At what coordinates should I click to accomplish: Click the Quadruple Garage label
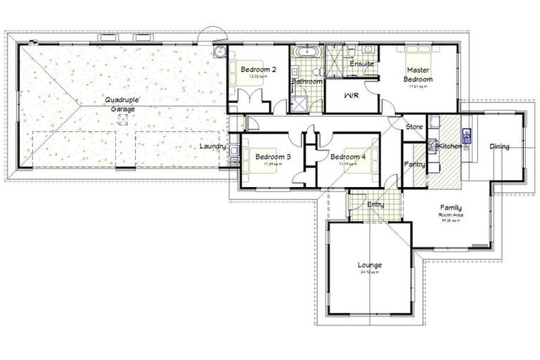[x=120, y=104]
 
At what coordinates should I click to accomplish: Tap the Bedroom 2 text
[x=258, y=70]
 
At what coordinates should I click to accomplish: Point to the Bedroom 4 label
[x=348, y=156]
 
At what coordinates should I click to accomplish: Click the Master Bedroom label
[x=418, y=75]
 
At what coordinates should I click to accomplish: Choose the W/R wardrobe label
[x=352, y=95]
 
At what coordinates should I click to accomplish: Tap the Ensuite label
[x=361, y=64]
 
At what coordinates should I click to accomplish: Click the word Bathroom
[x=307, y=82]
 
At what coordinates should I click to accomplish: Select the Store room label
[x=414, y=127]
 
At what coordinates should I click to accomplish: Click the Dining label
[x=499, y=146]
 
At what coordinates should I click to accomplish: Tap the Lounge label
[x=369, y=265]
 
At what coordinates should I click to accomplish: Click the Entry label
[x=375, y=204]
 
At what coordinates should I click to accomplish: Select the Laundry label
[x=212, y=146]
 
